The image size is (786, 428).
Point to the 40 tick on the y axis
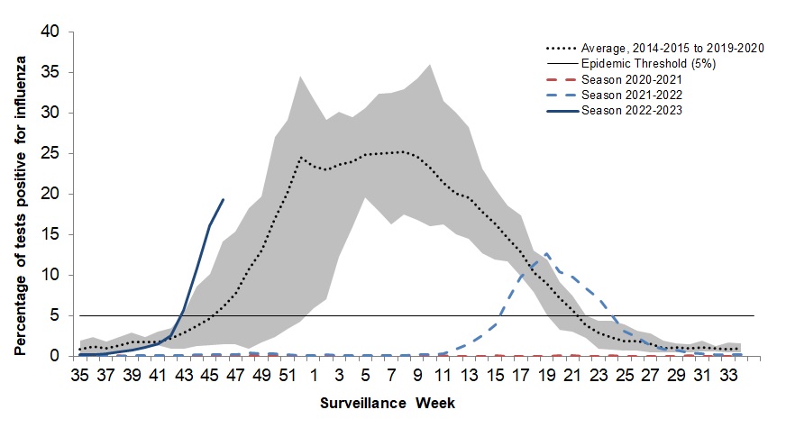pos(51,32)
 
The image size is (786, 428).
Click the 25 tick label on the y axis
pos(51,153)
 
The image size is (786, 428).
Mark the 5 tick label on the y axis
pos(56,315)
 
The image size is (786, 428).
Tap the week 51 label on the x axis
pos(288,374)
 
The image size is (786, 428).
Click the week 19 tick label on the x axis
pos(546,374)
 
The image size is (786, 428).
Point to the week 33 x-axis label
pos(727,374)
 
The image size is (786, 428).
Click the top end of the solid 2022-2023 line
pos(223,199)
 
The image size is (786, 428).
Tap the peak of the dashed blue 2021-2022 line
pos(546,254)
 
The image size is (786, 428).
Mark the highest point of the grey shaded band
pos(429,64)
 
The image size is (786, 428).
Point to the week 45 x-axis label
pos(210,374)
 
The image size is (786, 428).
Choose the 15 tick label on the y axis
pos(51,234)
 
